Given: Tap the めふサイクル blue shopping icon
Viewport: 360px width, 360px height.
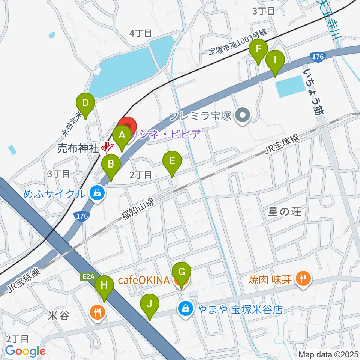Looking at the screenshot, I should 97,193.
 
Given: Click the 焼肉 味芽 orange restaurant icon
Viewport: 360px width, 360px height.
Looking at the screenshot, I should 302,278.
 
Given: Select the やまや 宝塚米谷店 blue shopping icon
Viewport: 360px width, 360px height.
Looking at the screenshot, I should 185,309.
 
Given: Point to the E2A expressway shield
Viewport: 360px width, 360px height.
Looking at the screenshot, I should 88,277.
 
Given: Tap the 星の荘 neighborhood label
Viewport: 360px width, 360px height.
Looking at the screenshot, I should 285,212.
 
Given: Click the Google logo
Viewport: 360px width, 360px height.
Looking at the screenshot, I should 25,351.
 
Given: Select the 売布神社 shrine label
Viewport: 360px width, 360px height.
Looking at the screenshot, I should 78,148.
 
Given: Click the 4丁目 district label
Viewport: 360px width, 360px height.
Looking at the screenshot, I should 141,33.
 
